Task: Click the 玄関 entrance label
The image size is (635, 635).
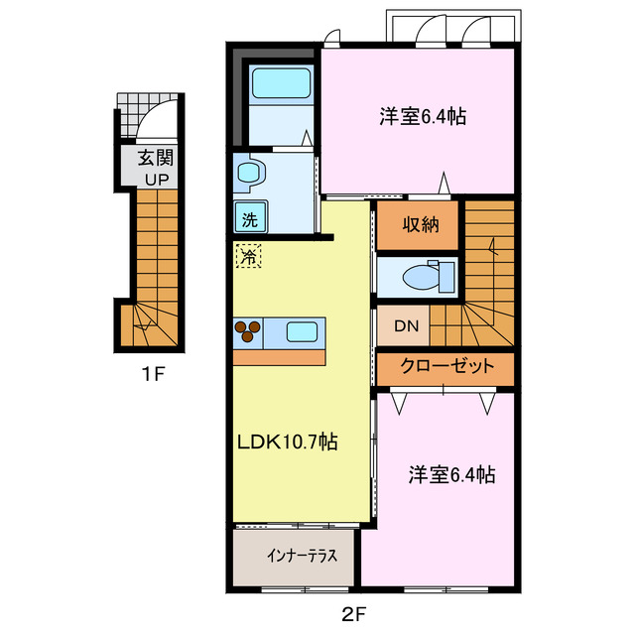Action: [153, 157]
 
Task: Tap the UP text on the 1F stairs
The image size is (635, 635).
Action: [153, 179]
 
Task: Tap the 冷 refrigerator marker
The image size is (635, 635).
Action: [246, 256]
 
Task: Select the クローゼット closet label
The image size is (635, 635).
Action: [445, 366]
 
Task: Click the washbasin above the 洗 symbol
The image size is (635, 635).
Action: [248, 175]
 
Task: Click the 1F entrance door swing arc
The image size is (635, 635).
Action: [157, 117]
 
